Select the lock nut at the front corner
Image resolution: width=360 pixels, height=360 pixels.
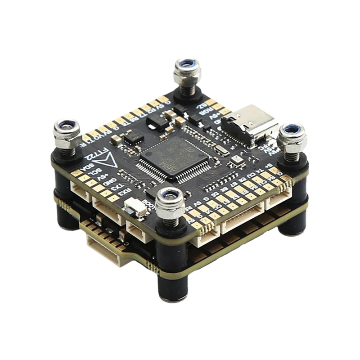click(x=171, y=201)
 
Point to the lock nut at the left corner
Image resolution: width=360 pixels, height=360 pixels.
click(x=67, y=133)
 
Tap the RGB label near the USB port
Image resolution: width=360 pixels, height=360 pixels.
click(x=207, y=111)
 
